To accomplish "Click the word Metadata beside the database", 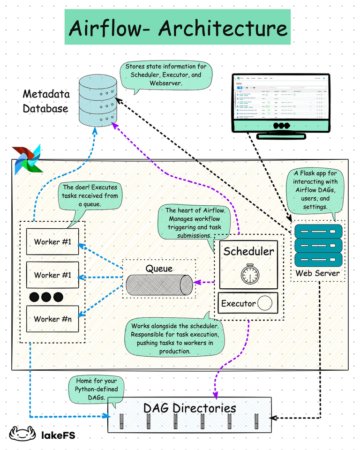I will point(46,94).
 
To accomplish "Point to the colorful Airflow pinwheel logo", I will point(27,159).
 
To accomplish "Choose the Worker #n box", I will point(52,319).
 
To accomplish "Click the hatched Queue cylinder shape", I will point(159,285).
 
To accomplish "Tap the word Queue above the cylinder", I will point(159,269).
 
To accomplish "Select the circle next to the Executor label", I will point(265,303).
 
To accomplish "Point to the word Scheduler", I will point(248,251).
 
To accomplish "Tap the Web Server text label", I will point(318,273).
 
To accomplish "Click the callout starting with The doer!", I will point(90,195).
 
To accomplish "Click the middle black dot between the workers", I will point(46,297).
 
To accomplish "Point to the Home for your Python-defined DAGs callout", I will point(96,389).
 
